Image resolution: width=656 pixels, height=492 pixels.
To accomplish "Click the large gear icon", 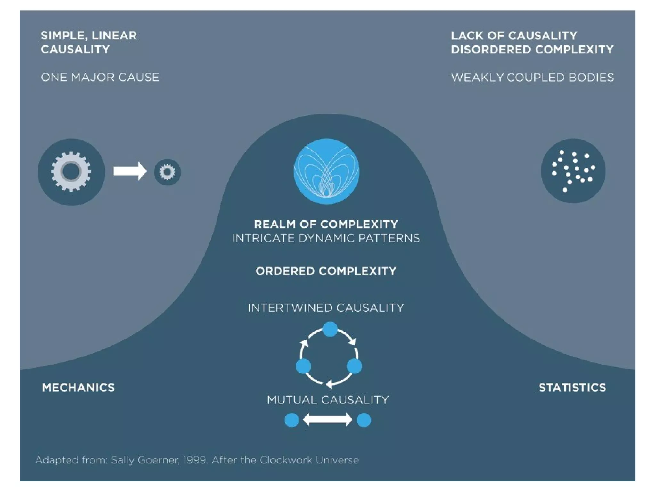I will click(71, 172).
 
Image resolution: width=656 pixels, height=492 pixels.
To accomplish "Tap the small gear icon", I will click(167, 172).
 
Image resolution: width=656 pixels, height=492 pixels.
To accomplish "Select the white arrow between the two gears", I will click(130, 171).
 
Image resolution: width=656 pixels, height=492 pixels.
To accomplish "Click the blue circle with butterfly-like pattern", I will click(326, 171).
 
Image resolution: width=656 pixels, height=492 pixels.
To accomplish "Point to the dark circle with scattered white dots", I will click(573, 171).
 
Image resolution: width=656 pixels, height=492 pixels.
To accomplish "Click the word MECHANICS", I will click(78, 388).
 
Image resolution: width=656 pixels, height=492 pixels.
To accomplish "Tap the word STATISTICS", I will click(572, 388).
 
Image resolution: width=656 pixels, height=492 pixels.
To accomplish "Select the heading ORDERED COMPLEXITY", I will click(326, 271).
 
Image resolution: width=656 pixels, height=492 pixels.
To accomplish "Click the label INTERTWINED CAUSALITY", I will click(326, 308).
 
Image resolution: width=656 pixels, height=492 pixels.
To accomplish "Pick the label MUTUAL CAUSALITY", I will click(328, 400).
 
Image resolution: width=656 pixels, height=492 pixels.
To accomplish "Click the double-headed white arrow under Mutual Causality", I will click(328, 420).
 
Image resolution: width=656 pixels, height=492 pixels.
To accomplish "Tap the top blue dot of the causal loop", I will click(330, 329).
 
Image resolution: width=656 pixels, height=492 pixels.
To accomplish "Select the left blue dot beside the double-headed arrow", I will click(291, 420).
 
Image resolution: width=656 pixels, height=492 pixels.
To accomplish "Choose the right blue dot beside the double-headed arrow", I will click(364, 420).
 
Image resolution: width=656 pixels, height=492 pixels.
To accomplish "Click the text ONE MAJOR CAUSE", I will click(100, 77).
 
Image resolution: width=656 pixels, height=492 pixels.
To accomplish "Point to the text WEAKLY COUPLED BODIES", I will click(532, 78).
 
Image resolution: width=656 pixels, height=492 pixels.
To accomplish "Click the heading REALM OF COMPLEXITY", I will click(326, 224).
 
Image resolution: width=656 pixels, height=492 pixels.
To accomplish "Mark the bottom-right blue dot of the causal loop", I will click(354, 366).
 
